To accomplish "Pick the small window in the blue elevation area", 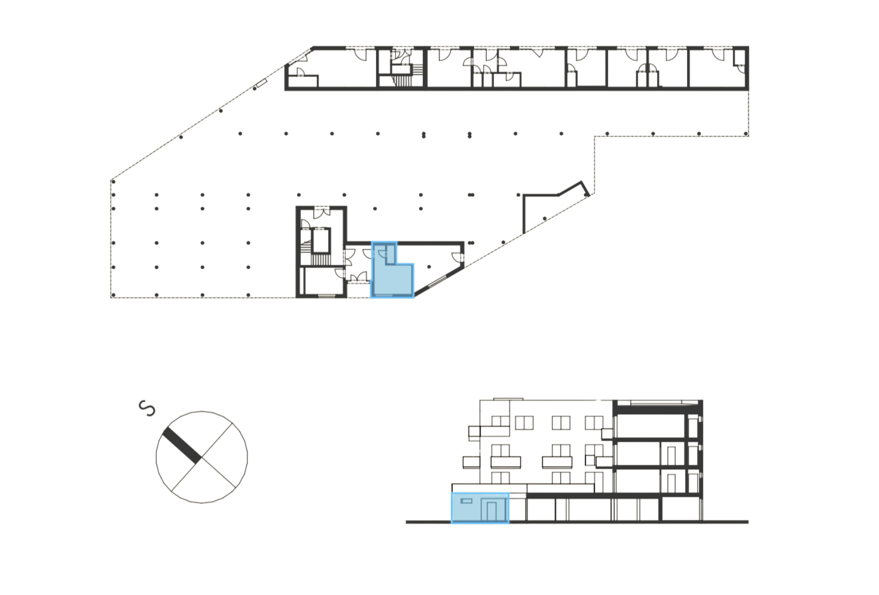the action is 466,501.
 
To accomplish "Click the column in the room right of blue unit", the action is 429,267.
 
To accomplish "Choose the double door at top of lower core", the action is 321,211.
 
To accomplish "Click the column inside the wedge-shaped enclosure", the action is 544,218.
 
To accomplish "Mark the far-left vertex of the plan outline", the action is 111,181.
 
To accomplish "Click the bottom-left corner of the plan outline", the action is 111,297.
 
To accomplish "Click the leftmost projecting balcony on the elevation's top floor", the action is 474,433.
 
